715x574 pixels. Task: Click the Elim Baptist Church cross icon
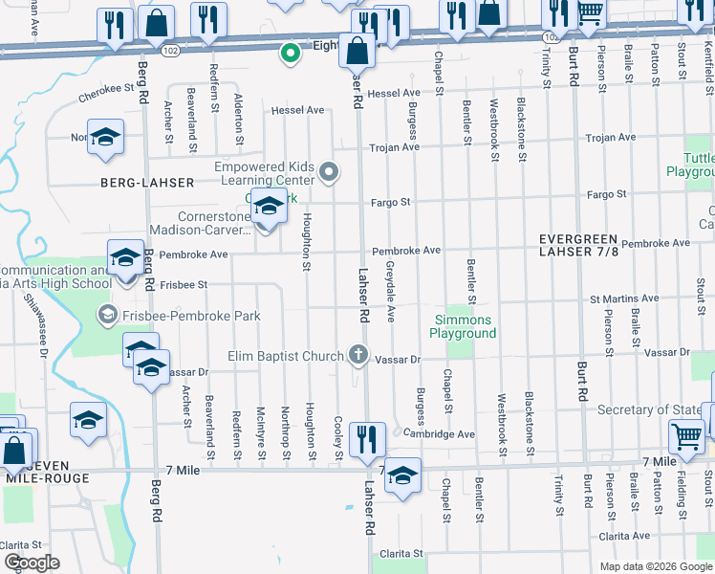(358, 356)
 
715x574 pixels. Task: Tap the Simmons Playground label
(463, 326)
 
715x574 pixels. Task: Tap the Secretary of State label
(649, 410)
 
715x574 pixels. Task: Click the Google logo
(31, 563)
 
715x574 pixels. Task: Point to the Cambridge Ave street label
(439, 434)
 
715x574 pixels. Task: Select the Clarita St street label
(401, 553)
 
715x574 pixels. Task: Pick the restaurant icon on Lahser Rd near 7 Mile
(367, 440)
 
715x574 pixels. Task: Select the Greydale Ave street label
(390, 291)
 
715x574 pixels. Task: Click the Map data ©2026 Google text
(655, 565)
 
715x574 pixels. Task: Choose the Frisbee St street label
(184, 285)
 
